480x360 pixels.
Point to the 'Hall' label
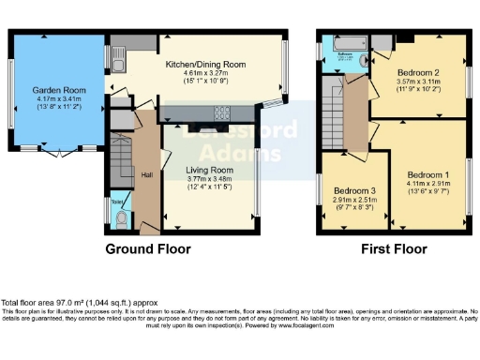coord(146,175)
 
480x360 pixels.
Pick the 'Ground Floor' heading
coord(147,249)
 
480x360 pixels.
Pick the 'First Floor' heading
coord(395,249)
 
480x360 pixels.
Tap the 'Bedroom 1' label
coord(427,175)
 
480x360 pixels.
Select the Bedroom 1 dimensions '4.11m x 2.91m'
coord(427,185)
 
